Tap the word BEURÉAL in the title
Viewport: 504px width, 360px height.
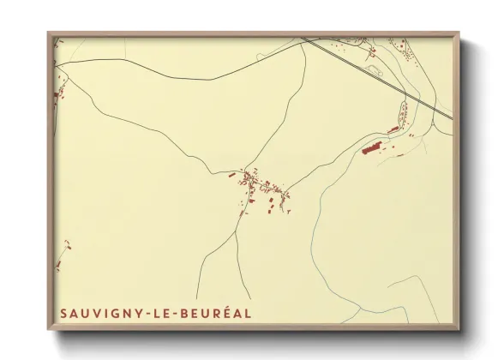[218, 314]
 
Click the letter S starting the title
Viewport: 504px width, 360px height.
[64, 314]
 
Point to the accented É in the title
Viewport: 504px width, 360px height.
[225, 314]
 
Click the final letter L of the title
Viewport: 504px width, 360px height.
[249, 314]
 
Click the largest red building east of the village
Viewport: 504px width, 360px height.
[372, 148]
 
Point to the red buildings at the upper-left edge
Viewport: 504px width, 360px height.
[60, 93]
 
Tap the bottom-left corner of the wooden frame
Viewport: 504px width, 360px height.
[49, 329]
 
